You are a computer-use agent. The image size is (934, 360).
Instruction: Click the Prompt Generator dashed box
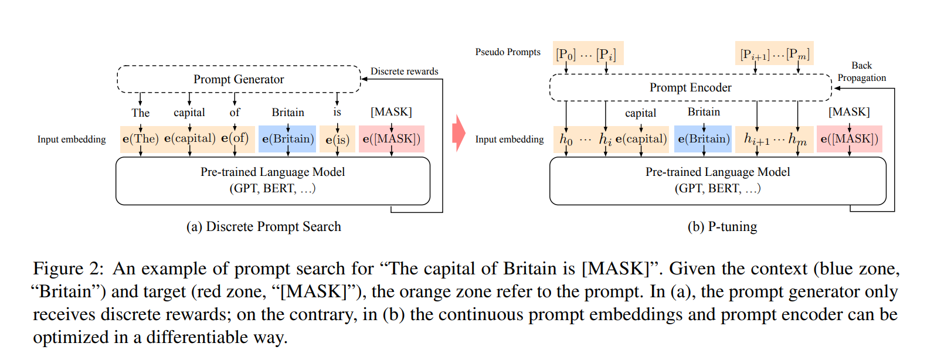[239, 79]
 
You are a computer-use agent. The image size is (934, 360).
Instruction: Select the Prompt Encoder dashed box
[690, 87]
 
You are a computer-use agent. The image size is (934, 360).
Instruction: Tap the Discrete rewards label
[404, 72]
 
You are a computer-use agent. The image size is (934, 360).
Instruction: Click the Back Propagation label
[861, 72]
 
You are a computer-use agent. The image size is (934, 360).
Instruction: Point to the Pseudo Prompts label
[508, 52]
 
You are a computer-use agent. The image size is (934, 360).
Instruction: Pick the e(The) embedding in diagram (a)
[140, 139]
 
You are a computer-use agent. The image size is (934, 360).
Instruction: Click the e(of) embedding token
[235, 138]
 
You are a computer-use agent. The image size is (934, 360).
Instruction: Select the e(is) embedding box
[337, 140]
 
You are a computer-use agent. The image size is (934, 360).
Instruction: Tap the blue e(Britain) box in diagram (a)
[288, 139]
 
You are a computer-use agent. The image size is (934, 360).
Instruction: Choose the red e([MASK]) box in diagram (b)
[849, 139]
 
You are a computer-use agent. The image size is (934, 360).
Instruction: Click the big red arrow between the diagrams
[458, 133]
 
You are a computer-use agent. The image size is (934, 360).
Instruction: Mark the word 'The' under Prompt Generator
[140, 113]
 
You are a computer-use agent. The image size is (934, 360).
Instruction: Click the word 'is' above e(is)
[337, 112]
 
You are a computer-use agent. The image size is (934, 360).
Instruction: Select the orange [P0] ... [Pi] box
[587, 54]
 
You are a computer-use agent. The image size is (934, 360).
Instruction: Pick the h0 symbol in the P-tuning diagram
[566, 140]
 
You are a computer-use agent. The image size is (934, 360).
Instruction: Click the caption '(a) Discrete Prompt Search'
[263, 227]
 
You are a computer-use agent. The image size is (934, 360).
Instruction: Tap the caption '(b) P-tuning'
[722, 227]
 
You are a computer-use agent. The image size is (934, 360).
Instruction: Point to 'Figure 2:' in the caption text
[68, 269]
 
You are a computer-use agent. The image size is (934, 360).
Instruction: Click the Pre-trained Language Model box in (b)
[717, 181]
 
